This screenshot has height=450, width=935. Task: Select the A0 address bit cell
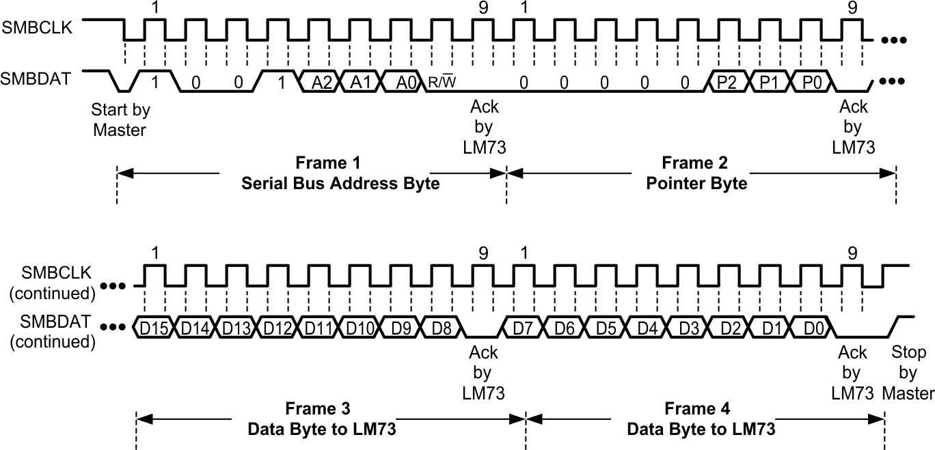tap(403, 82)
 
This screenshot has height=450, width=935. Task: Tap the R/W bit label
tap(442, 83)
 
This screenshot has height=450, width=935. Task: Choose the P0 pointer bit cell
tap(810, 82)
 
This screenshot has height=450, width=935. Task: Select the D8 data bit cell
tap(442, 328)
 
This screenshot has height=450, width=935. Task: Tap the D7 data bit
tap(524, 328)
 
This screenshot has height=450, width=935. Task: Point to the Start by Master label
tap(120, 119)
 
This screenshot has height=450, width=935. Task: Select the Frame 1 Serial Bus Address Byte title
tap(340, 173)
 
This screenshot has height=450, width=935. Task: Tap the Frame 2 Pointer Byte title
tap(695, 173)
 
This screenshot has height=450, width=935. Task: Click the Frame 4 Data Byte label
tap(701, 419)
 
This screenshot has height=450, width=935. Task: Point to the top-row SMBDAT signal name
tap(45, 79)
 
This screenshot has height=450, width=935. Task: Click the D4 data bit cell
tap(647, 328)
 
